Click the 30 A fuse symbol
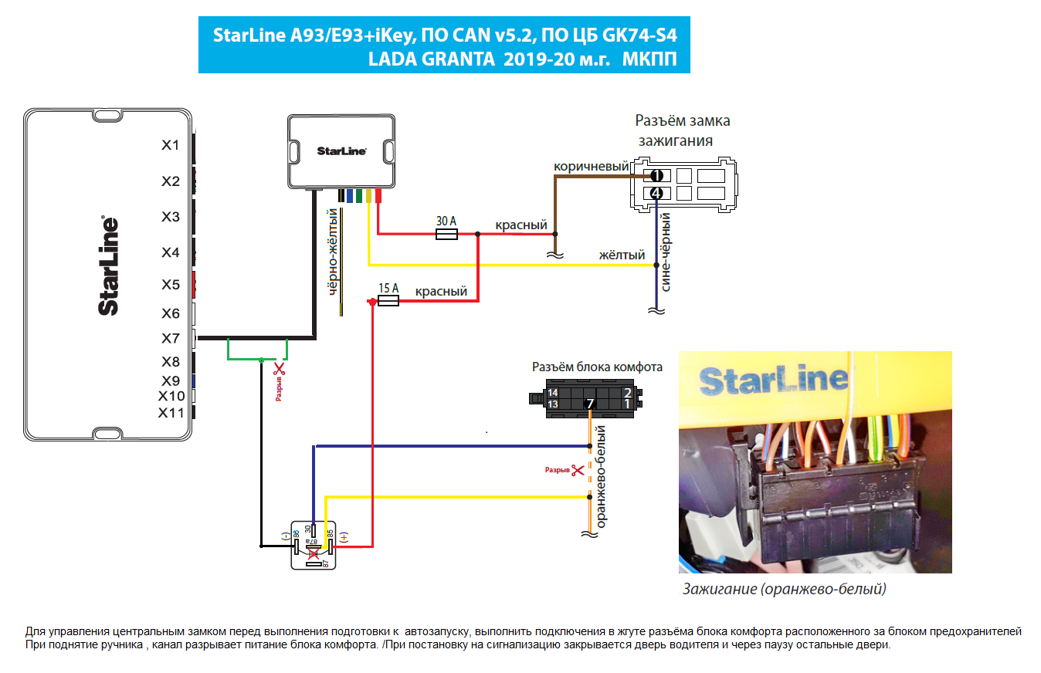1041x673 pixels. pyautogui.click(x=446, y=233)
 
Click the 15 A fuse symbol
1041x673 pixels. pyautogui.click(x=387, y=302)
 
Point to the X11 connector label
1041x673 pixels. pyautogui.click(x=171, y=413)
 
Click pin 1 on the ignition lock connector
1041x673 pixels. pyautogui.click(x=656, y=175)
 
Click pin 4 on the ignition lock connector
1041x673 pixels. pyautogui.click(x=656, y=192)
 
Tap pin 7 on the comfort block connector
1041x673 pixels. pyautogui.click(x=590, y=404)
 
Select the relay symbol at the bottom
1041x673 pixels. pyautogui.click(x=313, y=546)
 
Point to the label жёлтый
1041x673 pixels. pyautogui.click(x=622, y=255)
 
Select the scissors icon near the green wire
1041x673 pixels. pyautogui.click(x=280, y=370)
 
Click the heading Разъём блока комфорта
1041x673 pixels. pyautogui.click(x=597, y=367)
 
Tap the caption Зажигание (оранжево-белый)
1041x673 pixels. pyautogui.click(x=784, y=590)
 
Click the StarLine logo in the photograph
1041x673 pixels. pyautogui.click(x=772, y=380)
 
